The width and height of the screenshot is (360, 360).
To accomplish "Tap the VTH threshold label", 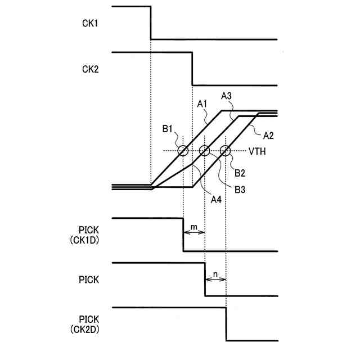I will (x=257, y=151).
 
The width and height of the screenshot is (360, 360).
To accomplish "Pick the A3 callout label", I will (x=227, y=97).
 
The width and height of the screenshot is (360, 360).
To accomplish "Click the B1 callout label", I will (x=168, y=129).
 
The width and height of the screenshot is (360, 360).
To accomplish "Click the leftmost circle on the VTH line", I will (x=183, y=151).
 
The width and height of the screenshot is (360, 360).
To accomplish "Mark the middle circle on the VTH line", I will (x=205, y=151).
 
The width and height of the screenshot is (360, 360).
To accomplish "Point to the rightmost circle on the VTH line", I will (x=226, y=151).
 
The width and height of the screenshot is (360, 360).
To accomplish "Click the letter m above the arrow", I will (x=194, y=226).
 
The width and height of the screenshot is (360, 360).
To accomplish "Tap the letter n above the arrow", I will (x=215, y=272).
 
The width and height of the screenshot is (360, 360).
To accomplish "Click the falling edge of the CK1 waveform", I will (x=151, y=23).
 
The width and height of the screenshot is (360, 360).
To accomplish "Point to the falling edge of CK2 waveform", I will (x=192, y=69).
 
